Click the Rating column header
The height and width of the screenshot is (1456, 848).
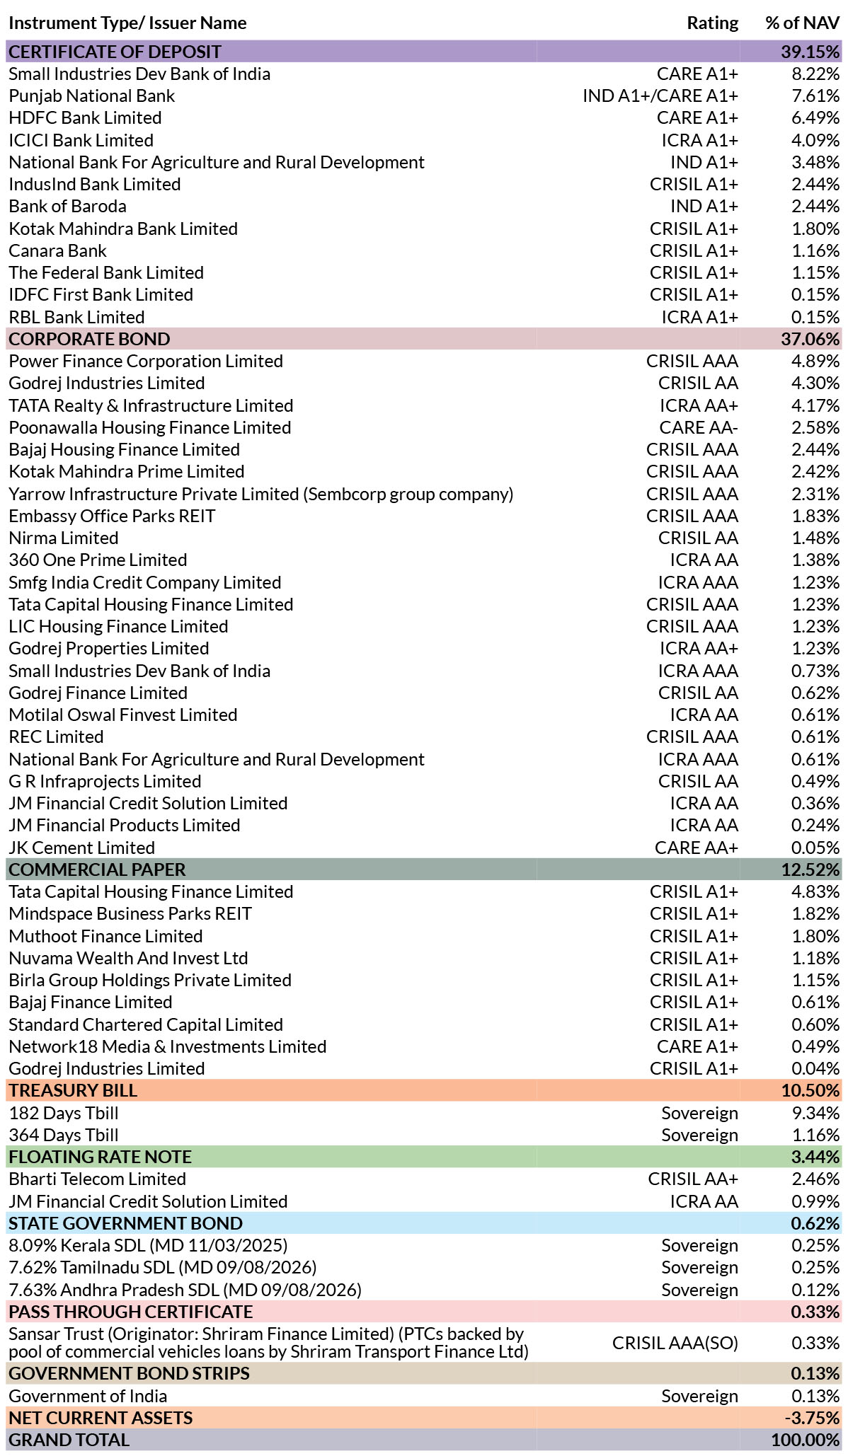(x=712, y=23)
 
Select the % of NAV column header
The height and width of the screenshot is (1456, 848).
(x=803, y=23)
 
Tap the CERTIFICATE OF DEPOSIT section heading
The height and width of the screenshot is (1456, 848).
(x=115, y=52)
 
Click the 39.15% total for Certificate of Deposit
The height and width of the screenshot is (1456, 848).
(x=810, y=52)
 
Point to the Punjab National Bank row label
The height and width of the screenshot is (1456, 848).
(x=91, y=96)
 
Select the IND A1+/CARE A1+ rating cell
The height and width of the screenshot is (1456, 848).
(x=660, y=96)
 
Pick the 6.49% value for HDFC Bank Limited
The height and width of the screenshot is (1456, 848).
(x=815, y=117)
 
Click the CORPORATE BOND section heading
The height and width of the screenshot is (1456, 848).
(x=89, y=339)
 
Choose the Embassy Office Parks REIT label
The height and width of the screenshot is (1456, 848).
(x=112, y=516)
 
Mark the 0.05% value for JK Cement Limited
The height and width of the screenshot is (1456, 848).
(x=815, y=848)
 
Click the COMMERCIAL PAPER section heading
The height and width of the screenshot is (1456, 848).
(x=97, y=869)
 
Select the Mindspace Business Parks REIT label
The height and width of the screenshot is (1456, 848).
(x=130, y=913)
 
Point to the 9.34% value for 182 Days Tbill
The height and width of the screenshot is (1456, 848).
(x=815, y=1113)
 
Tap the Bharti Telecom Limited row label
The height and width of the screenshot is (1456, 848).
(x=97, y=1179)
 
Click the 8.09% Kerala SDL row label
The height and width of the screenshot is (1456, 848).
(x=148, y=1245)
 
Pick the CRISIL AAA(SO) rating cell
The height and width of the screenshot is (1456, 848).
(x=675, y=1342)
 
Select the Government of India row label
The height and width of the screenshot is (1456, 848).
(x=88, y=1396)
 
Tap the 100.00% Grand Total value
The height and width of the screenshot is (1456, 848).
(x=806, y=1440)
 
